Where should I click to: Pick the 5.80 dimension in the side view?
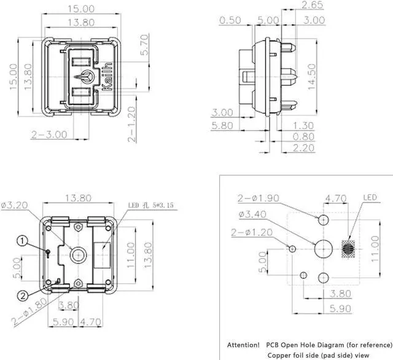click(222, 126)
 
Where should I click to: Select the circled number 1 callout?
click(21, 241)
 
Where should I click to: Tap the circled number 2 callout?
click(21, 296)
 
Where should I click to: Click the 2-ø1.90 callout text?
click(258, 198)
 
